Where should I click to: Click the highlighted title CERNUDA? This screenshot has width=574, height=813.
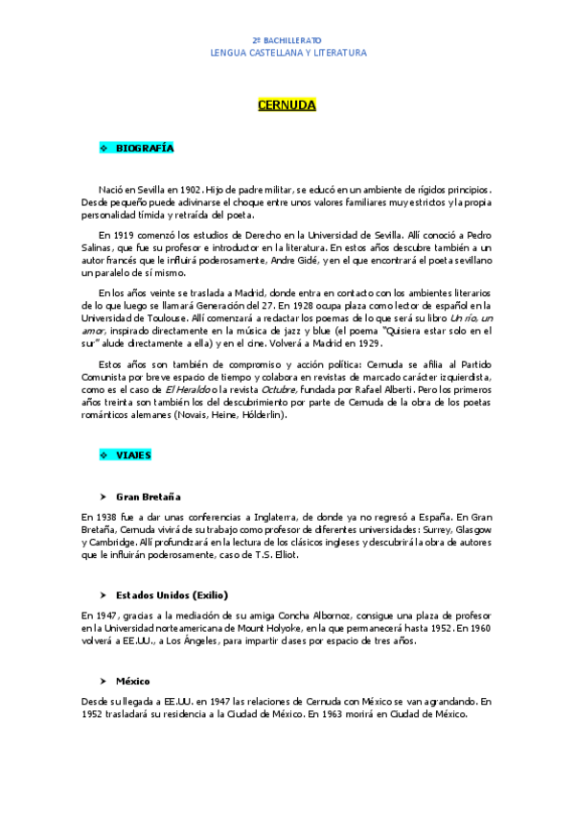coord(287,105)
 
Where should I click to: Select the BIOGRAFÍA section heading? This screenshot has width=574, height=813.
coord(145,149)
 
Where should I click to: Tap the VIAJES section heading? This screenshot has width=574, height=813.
coord(133,455)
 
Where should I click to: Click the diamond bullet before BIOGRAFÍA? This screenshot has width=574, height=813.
coord(104,149)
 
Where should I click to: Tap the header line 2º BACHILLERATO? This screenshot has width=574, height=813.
coord(287,41)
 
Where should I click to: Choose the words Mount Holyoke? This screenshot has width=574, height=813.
coord(302,628)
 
